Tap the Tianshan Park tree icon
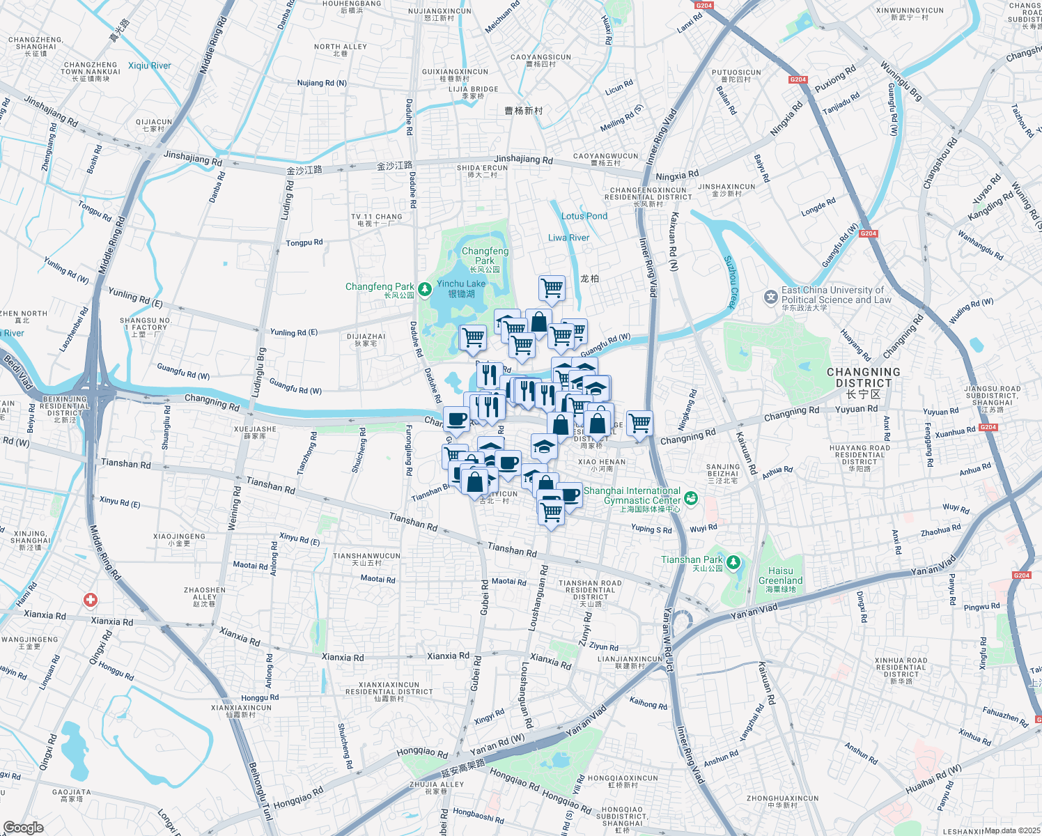click(x=733, y=562)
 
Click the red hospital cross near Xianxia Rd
click(x=90, y=600)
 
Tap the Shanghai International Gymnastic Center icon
click(x=690, y=497)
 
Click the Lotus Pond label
click(x=584, y=216)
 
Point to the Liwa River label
click(x=568, y=238)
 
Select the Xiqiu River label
click(x=149, y=65)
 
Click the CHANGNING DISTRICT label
click(x=864, y=378)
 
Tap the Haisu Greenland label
click(x=780, y=575)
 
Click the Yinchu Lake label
click(x=461, y=284)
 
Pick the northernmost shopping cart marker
click(x=552, y=287)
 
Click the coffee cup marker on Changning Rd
click(x=456, y=419)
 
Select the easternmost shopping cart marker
click(x=639, y=422)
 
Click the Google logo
click(x=23, y=828)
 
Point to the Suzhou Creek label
click(x=730, y=282)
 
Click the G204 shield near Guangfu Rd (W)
click(x=868, y=233)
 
